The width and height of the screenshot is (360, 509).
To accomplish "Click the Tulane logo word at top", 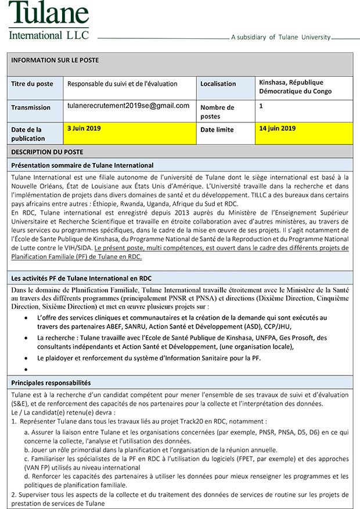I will coord(49,13).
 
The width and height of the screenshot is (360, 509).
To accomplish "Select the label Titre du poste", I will coord(32,84).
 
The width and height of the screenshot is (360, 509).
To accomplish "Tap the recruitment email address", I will coord(128,106).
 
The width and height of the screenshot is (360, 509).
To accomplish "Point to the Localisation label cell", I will coord(218,84).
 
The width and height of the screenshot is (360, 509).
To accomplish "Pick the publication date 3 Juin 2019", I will coord(84,128).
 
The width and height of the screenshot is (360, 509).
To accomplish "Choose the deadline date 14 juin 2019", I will coord(278,128).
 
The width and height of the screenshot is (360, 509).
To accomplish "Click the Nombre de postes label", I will coord(217,111).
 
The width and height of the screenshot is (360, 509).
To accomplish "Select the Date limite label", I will coord(217,129).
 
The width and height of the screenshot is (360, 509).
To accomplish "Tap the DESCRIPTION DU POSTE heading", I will coord(47,152).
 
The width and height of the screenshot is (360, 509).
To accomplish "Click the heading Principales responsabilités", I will coord(51,383).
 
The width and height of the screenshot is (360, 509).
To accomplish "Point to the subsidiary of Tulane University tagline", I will coord(280,37).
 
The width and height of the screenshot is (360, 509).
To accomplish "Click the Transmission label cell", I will coord(31,107).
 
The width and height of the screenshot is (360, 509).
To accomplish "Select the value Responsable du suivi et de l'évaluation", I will coord(123,84).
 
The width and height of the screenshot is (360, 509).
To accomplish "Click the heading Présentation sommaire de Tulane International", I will coord(82,165).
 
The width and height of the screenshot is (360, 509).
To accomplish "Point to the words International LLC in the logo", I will coord(49,34).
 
